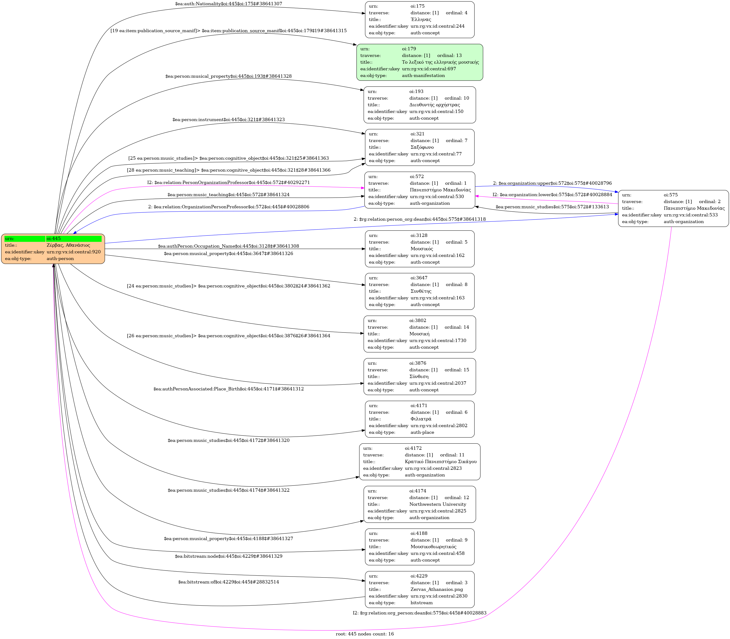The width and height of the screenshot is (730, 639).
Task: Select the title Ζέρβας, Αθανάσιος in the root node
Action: point(68,245)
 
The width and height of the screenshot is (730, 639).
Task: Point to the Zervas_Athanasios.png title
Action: point(436,589)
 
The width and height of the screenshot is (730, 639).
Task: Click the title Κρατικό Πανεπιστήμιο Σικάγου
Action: point(440,461)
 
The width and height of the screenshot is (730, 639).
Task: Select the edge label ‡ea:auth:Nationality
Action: point(228,4)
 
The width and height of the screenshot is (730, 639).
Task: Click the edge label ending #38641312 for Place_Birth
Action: point(228,389)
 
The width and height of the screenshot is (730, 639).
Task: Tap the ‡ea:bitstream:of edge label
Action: point(228,582)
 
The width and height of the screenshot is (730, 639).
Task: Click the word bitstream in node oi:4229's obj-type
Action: point(422,603)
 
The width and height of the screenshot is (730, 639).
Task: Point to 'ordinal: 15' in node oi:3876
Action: point(457,370)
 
